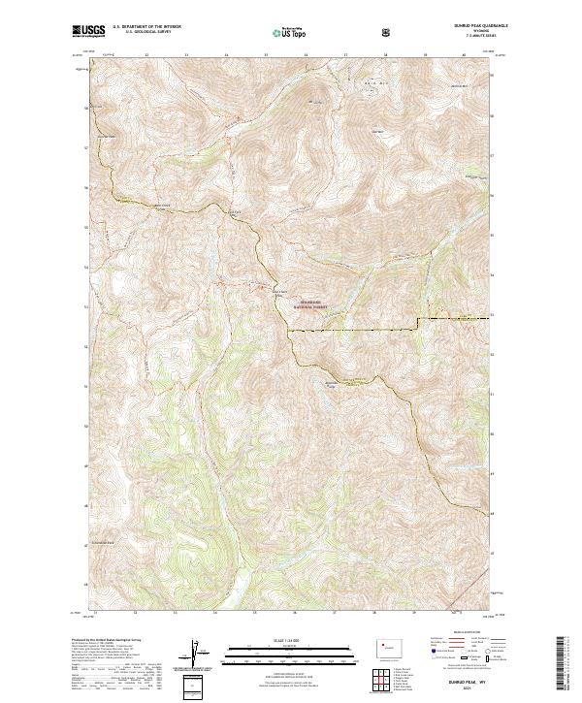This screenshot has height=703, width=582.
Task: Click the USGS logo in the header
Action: click(89, 33)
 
